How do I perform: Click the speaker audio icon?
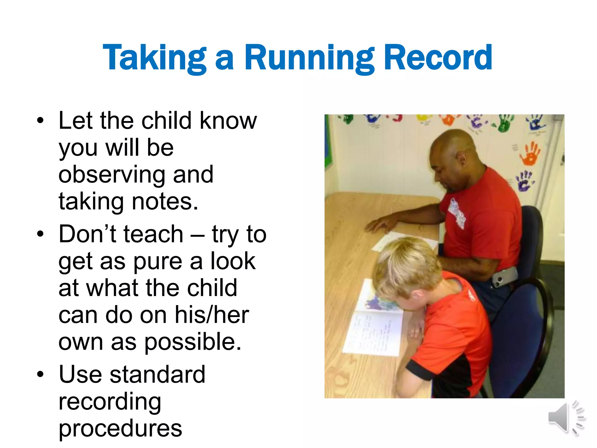(566, 418)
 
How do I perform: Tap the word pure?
(158, 261)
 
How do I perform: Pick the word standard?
(157, 374)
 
